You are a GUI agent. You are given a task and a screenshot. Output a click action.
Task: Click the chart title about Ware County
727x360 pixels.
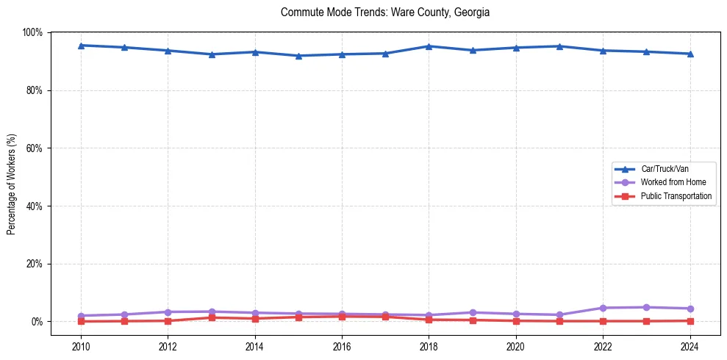tap(385, 12)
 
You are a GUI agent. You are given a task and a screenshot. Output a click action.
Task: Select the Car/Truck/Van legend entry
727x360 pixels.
tap(664, 169)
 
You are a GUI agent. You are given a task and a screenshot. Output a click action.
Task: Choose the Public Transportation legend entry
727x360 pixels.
tap(676, 196)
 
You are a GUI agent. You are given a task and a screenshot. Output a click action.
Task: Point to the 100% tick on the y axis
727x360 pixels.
tap(33, 32)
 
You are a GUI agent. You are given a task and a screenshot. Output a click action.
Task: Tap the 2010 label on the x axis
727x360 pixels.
tap(82, 345)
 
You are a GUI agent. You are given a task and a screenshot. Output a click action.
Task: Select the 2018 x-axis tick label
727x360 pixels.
tap(429, 345)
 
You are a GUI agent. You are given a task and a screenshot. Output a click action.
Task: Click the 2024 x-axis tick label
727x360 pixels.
tap(690, 345)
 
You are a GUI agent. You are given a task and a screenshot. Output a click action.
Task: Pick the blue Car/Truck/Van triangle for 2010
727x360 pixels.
tap(82, 46)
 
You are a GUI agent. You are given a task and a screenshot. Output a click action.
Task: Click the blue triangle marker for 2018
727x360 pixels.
tap(429, 46)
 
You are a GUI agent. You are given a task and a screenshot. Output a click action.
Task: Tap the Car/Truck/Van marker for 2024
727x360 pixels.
tap(690, 54)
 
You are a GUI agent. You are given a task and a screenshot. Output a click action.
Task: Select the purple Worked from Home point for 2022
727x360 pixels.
tap(603, 308)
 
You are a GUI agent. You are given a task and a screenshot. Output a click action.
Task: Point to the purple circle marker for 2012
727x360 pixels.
tap(168, 312)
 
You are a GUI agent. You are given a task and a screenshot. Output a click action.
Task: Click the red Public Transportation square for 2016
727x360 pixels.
tap(342, 316)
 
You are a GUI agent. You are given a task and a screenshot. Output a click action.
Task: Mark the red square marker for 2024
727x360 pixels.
tap(690, 320)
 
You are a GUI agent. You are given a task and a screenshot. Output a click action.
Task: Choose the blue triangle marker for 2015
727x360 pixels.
tap(298, 56)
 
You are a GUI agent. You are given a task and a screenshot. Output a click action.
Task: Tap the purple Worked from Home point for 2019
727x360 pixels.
tap(473, 313)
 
